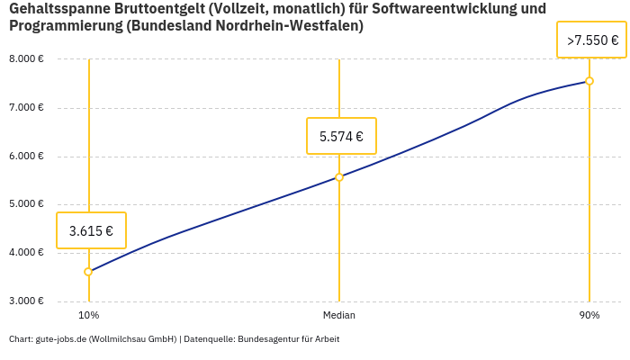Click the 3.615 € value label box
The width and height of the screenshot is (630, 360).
click(91, 230)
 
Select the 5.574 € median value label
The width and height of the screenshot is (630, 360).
click(341, 137)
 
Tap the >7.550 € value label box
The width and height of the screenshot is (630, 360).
click(591, 40)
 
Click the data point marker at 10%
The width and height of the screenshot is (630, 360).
click(88, 272)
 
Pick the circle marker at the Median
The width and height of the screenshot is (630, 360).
click(339, 177)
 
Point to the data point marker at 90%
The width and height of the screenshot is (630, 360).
click(589, 81)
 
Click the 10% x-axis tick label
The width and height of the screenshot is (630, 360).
click(88, 315)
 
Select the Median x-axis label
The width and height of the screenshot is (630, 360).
click(339, 315)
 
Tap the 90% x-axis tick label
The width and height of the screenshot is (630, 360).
click(589, 315)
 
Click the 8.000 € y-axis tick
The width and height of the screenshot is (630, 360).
click(26, 59)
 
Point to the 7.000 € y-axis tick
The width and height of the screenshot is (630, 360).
click(26, 108)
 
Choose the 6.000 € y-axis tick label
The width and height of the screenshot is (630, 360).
click(26, 157)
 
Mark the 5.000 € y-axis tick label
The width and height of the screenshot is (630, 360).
click(26, 204)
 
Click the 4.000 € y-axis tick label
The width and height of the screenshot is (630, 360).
click(26, 253)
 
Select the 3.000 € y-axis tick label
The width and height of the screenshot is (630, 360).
click(26, 301)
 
